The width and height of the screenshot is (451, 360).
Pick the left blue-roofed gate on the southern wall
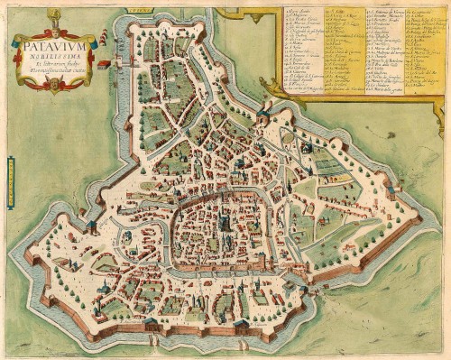150,321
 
